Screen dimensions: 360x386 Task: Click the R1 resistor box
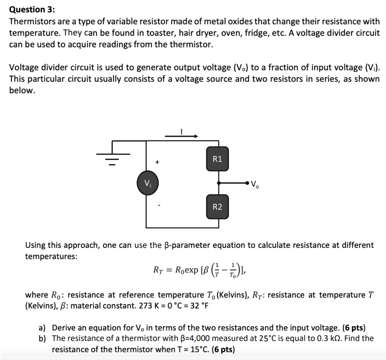[218, 159]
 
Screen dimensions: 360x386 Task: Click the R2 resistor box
[218, 207]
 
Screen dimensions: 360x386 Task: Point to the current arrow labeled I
[182, 136]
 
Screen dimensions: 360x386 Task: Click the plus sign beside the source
[158, 162]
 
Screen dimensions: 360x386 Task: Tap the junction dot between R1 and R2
[219, 183]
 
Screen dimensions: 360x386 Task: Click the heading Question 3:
[32, 10]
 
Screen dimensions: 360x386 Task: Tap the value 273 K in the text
[149, 306]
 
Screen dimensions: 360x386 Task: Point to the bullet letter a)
[42, 328]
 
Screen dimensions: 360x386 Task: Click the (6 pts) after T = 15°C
[223, 349]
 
